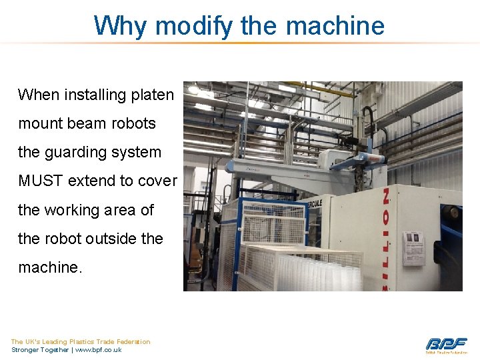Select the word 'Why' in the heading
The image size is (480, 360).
pyautogui.click(x=119, y=26)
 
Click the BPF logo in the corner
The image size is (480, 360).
pyautogui.click(x=447, y=344)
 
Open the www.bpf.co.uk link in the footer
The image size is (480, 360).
pyautogui.click(x=99, y=350)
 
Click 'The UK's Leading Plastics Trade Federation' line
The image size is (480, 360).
pyautogui.click(x=81, y=341)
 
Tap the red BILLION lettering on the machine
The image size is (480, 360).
pyautogui.click(x=387, y=240)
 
